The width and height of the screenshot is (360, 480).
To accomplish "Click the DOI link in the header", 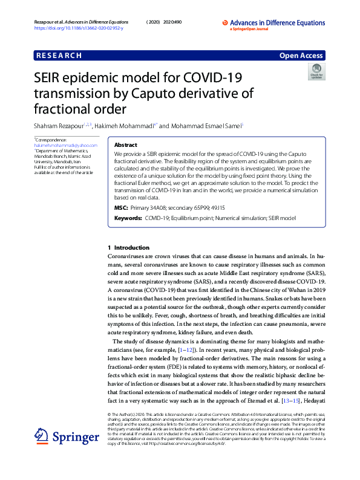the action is coord(79,28).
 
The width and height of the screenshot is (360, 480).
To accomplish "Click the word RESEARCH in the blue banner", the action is coord(59,56).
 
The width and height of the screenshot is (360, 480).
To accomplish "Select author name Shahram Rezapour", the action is coord(57,126).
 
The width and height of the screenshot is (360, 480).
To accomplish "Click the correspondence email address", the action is coord(66,146).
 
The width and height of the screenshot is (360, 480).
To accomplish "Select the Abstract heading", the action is coord(126,146).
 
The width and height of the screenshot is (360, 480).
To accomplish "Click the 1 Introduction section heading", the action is coord(128,248).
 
